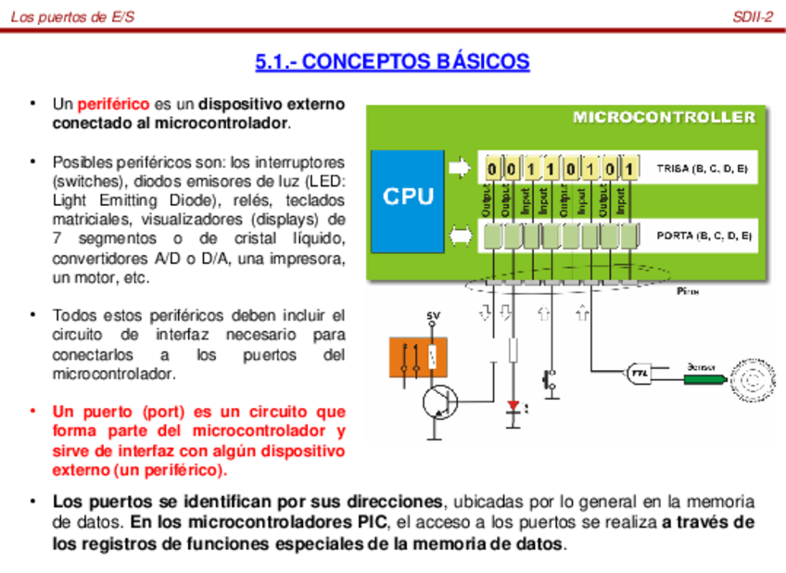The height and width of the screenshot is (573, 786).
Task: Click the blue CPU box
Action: point(408,197)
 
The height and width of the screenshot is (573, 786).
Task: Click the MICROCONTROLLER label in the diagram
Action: point(664,117)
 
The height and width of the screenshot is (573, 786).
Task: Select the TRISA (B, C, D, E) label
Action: point(702,170)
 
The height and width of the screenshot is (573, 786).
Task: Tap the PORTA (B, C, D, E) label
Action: point(704,236)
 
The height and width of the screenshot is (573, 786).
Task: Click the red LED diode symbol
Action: point(513,406)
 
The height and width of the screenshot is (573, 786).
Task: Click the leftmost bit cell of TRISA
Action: point(491,170)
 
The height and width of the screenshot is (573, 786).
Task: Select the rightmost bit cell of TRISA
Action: point(628,170)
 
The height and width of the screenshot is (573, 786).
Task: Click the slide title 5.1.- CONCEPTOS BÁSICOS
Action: point(392,62)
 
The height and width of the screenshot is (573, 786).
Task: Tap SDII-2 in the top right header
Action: point(752,16)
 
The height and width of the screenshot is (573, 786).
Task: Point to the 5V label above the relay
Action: point(433,317)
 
